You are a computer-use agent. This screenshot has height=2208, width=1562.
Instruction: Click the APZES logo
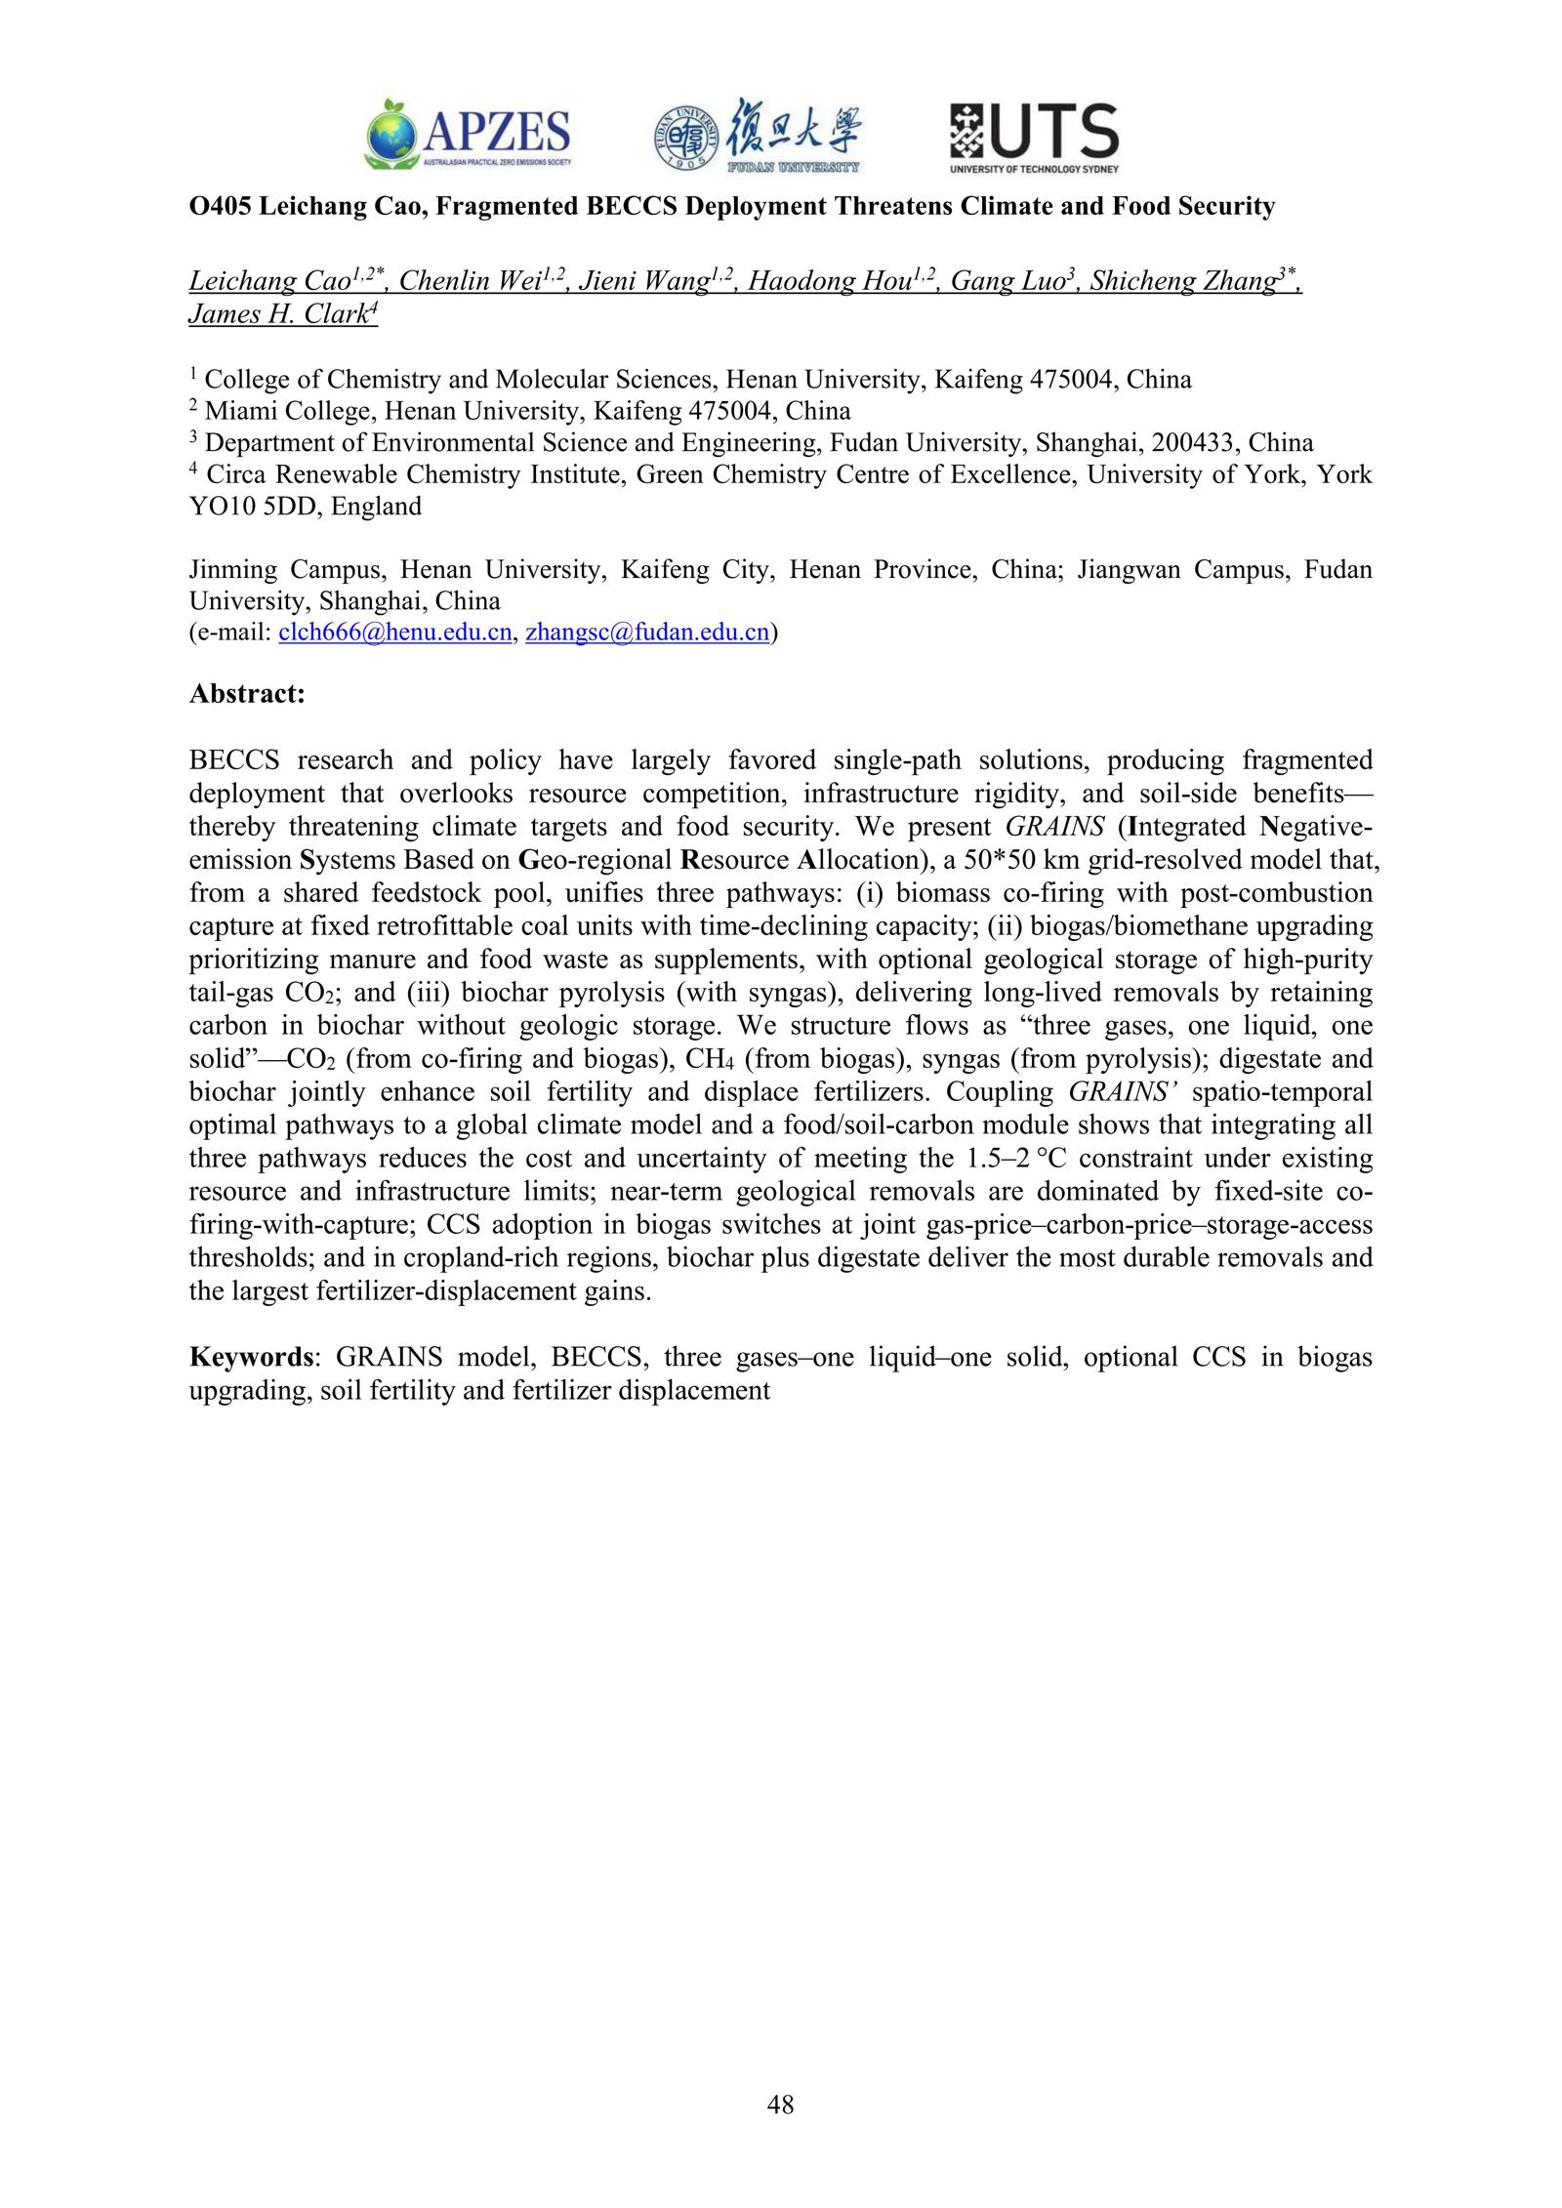(468, 134)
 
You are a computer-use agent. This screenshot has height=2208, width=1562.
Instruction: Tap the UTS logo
(1034, 138)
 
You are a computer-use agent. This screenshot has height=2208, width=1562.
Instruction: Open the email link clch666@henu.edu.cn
(394, 633)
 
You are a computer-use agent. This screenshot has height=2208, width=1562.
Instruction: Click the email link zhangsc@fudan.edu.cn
(647, 633)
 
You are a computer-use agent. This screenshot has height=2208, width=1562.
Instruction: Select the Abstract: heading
(247, 694)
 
